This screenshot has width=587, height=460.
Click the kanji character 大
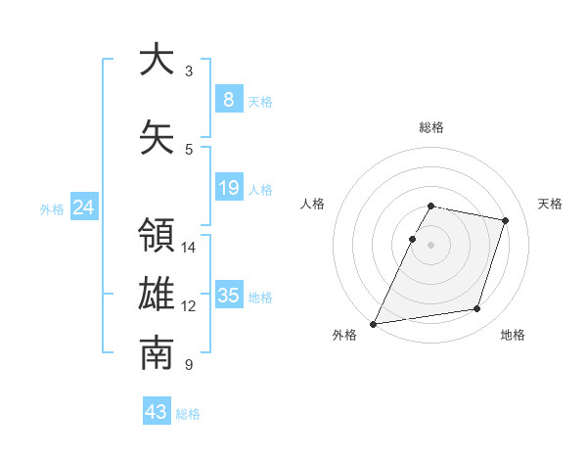click(x=156, y=60)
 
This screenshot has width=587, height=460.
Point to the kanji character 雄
click(x=156, y=296)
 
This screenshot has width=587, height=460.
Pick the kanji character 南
click(x=156, y=354)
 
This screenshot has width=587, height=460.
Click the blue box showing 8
click(x=228, y=100)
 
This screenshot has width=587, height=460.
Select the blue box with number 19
click(x=228, y=188)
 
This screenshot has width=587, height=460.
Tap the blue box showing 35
click(x=228, y=296)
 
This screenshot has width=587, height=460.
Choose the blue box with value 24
click(x=84, y=207)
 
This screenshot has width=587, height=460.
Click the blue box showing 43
click(x=156, y=412)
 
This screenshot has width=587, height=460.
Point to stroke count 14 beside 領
click(x=189, y=247)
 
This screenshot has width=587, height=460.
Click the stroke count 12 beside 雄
click(x=189, y=306)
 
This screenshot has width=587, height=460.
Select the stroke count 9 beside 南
click(x=189, y=365)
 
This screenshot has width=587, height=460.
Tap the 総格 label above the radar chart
click(x=430, y=127)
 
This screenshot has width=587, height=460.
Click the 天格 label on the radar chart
click(x=550, y=204)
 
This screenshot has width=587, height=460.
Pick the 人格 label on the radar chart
click(x=313, y=204)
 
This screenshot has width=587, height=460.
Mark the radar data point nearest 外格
click(x=374, y=323)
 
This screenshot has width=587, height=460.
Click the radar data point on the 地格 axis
click(x=477, y=309)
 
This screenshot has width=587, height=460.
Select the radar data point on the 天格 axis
click(x=506, y=220)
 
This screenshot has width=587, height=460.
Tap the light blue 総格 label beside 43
click(x=188, y=414)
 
